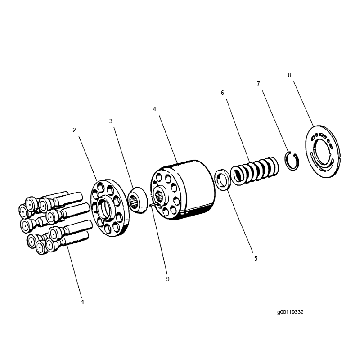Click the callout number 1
pos(83,302)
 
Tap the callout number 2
pos(74,130)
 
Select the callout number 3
pos(111,121)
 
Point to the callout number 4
pos(154,109)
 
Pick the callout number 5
pos(256,259)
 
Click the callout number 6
pos(222,93)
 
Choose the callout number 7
pos(258,84)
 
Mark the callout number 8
pos(289,75)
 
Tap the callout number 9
pos(167,279)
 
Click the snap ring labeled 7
pos(292,160)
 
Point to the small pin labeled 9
pos(154,205)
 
